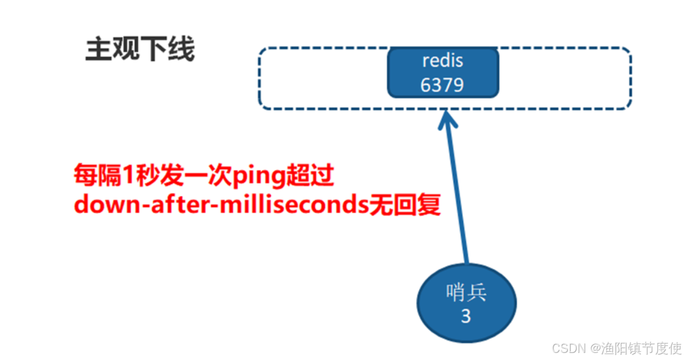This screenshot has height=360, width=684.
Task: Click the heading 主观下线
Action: pyautogui.click(x=139, y=50)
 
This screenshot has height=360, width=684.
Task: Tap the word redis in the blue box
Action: pyautogui.click(x=443, y=61)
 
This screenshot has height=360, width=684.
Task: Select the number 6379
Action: pyautogui.click(x=443, y=84)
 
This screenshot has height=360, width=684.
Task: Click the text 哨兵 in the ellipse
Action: pyautogui.click(x=466, y=293)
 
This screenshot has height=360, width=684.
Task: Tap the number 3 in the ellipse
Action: pyautogui.click(x=466, y=317)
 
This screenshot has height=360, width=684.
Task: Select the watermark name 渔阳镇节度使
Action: pyautogui.click(x=642, y=348)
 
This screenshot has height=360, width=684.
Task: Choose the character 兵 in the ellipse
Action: pyautogui.click(x=476, y=293)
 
